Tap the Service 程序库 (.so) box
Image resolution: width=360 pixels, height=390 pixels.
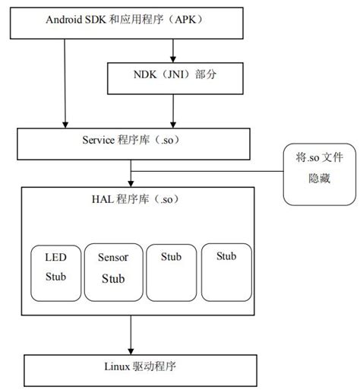click(134, 140)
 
